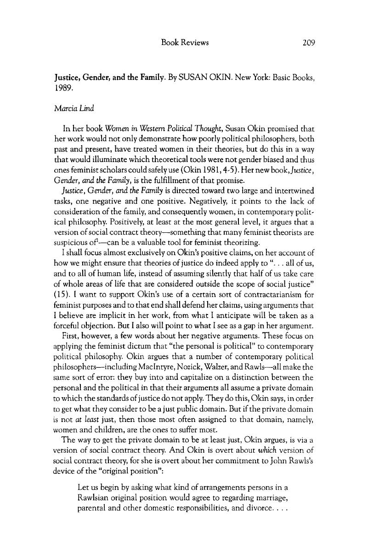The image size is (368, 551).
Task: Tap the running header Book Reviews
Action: pyautogui.click(x=185, y=43)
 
